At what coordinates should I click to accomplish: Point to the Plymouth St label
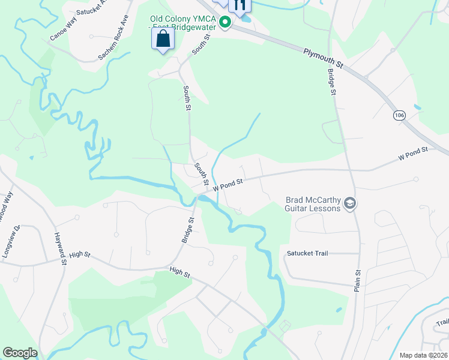[322, 58]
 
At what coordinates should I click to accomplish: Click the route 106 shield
[399, 114]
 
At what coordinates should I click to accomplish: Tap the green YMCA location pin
[225, 23]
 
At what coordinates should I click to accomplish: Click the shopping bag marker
[163, 40]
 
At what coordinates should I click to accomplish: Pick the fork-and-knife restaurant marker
[240, 5]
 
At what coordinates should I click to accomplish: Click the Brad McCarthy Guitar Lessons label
[312, 204]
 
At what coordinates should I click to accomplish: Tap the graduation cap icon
[350, 205]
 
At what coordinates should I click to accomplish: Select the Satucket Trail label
[307, 253]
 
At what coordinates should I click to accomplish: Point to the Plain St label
[357, 280]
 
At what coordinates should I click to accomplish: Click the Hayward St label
[59, 250]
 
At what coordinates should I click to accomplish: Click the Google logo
[20, 353]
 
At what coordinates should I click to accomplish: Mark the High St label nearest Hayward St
[79, 255]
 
